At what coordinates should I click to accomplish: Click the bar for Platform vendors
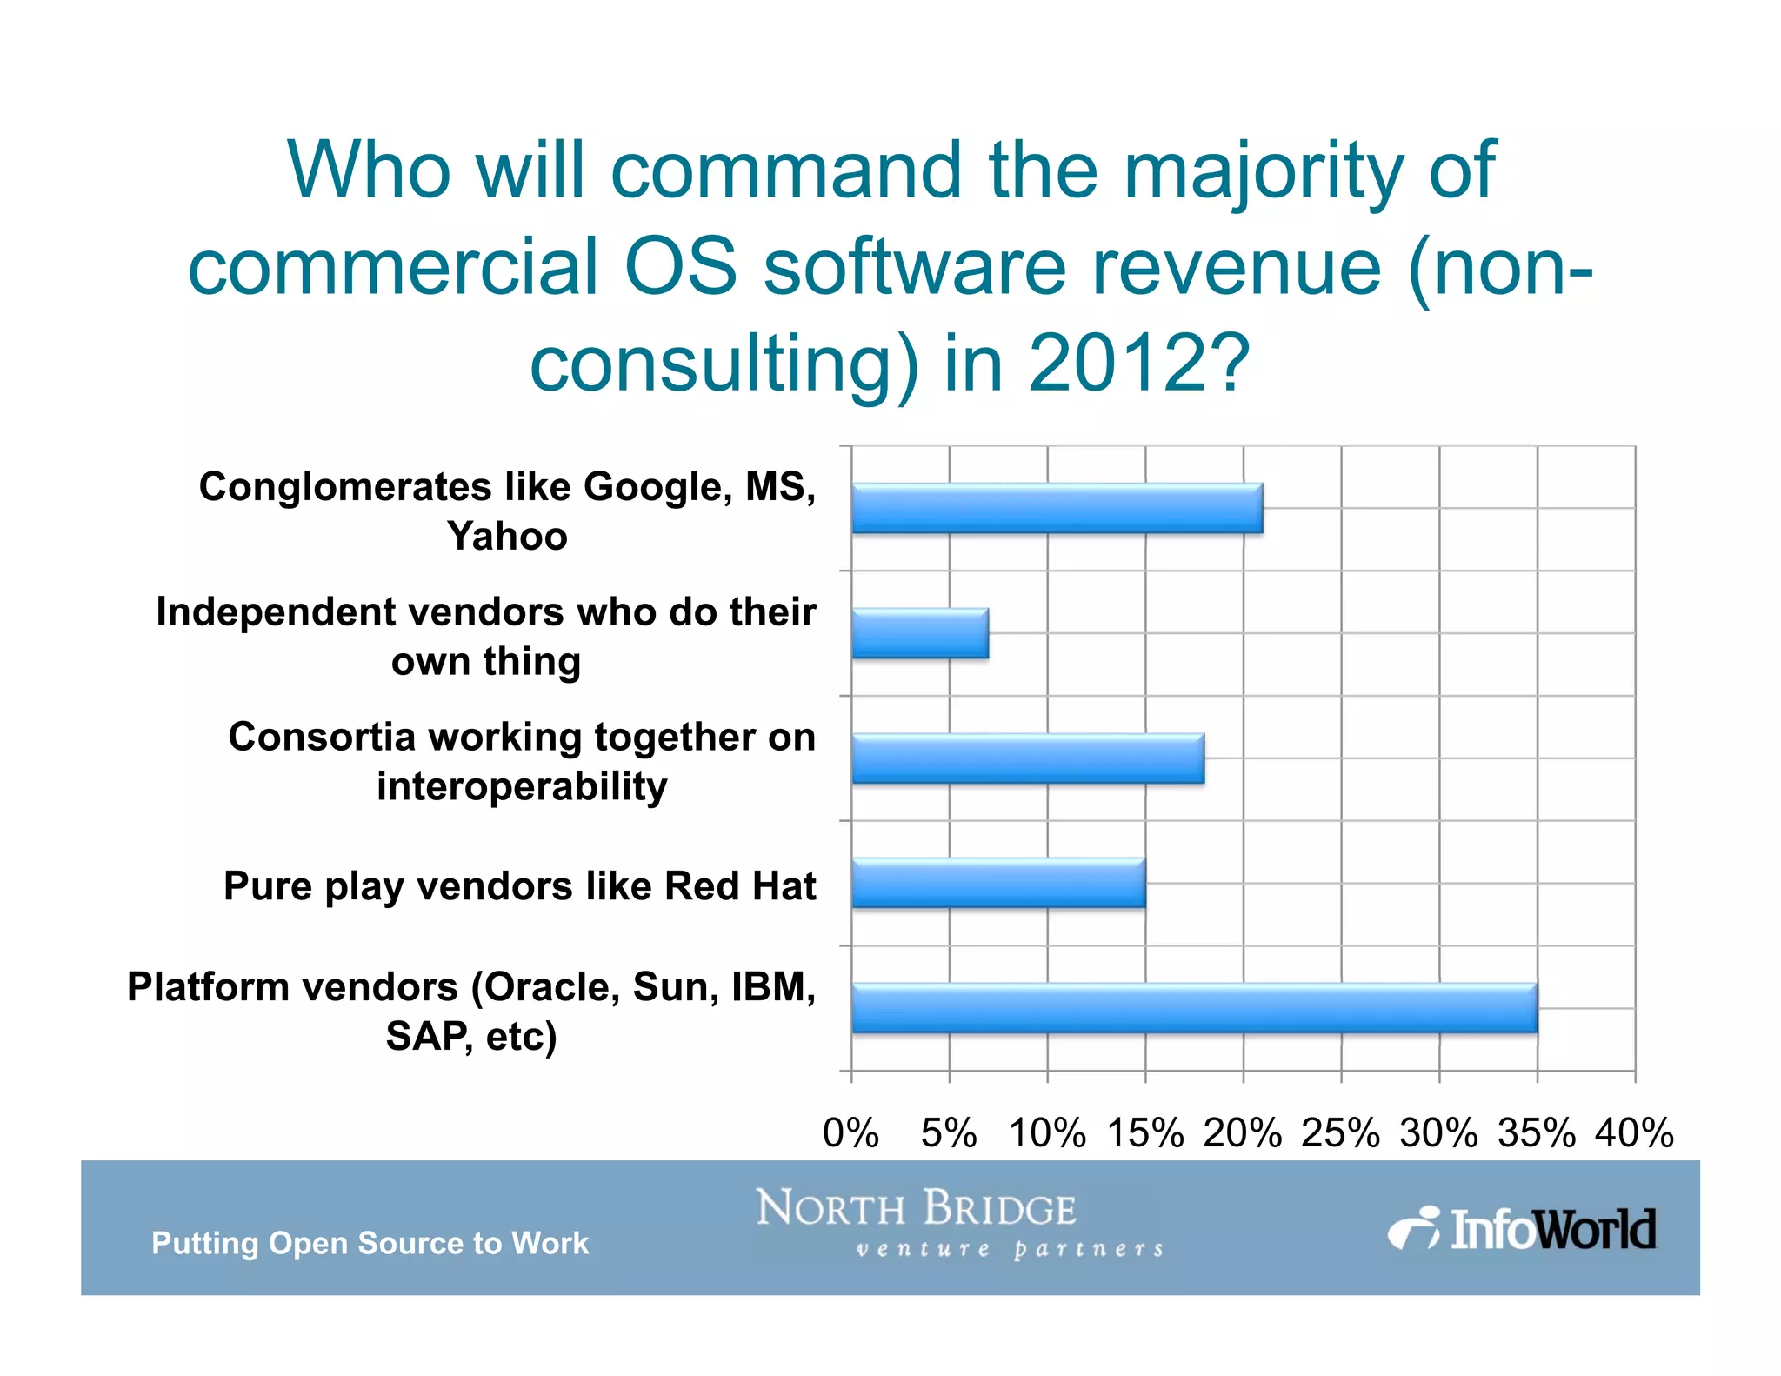tap(1194, 1008)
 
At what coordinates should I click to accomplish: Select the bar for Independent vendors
tap(920, 633)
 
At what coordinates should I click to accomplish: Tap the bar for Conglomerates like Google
tap(1057, 508)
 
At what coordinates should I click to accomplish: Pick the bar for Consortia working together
tap(1028, 758)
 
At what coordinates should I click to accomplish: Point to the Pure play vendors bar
tap(998, 883)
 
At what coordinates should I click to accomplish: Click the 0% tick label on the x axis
tap(850, 1133)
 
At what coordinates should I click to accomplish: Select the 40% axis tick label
tap(1634, 1133)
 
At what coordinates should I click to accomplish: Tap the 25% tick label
tap(1340, 1133)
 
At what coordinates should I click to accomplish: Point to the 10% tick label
tap(1046, 1133)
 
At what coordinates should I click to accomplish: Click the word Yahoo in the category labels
tap(507, 536)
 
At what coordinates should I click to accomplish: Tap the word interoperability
tap(522, 786)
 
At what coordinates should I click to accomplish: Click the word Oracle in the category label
tap(551, 987)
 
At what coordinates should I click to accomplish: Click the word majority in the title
tap(1263, 171)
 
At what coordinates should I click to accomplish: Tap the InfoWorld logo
tap(1523, 1229)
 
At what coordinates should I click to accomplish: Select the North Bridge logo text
tap(916, 1208)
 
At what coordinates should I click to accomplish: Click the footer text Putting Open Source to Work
tap(370, 1243)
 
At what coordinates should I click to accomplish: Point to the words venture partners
tap(1009, 1250)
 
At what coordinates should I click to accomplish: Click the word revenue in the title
tap(1236, 267)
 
